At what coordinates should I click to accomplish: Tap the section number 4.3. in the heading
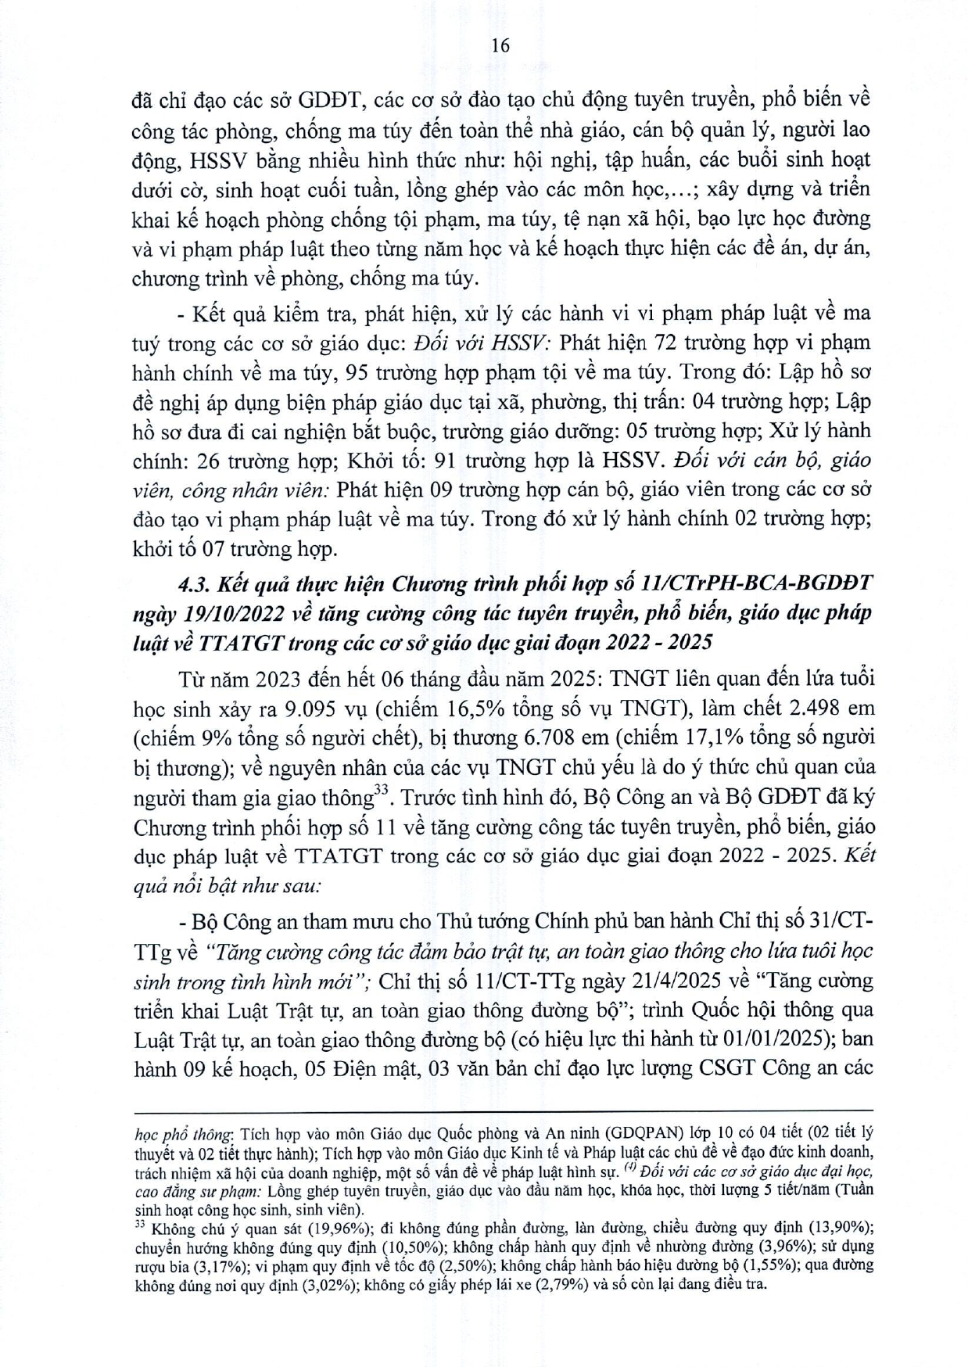tap(197, 584)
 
